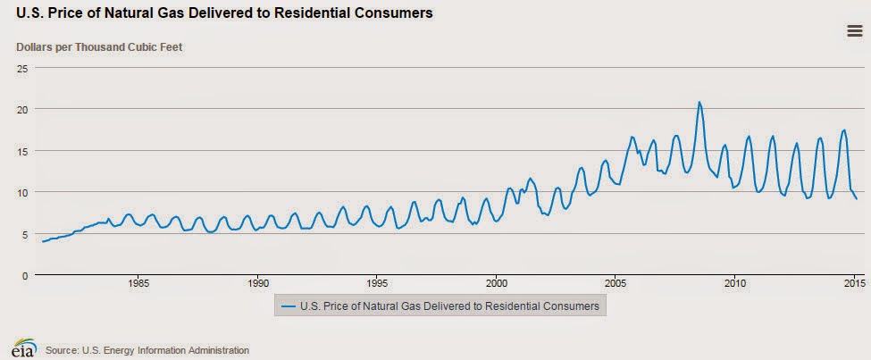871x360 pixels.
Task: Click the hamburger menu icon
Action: tap(853, 31)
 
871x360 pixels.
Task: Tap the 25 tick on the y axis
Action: tap(23, 68)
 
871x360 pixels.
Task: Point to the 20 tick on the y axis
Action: tap(23, 109)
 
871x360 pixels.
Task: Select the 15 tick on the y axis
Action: tap(23, 151)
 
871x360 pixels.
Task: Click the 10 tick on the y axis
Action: tap(23, 192)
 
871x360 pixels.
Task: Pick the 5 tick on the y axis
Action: tap(26, 233)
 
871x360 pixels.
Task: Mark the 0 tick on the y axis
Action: tap(26, 275)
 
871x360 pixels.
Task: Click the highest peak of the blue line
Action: tap(699, 103)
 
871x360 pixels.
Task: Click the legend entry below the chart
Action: tap(443, 306)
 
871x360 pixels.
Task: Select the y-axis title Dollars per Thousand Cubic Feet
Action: tap(99, 46)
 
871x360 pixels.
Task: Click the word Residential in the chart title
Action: tap(312, 13)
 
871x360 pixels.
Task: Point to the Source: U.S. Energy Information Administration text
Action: tap(147, 350)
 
